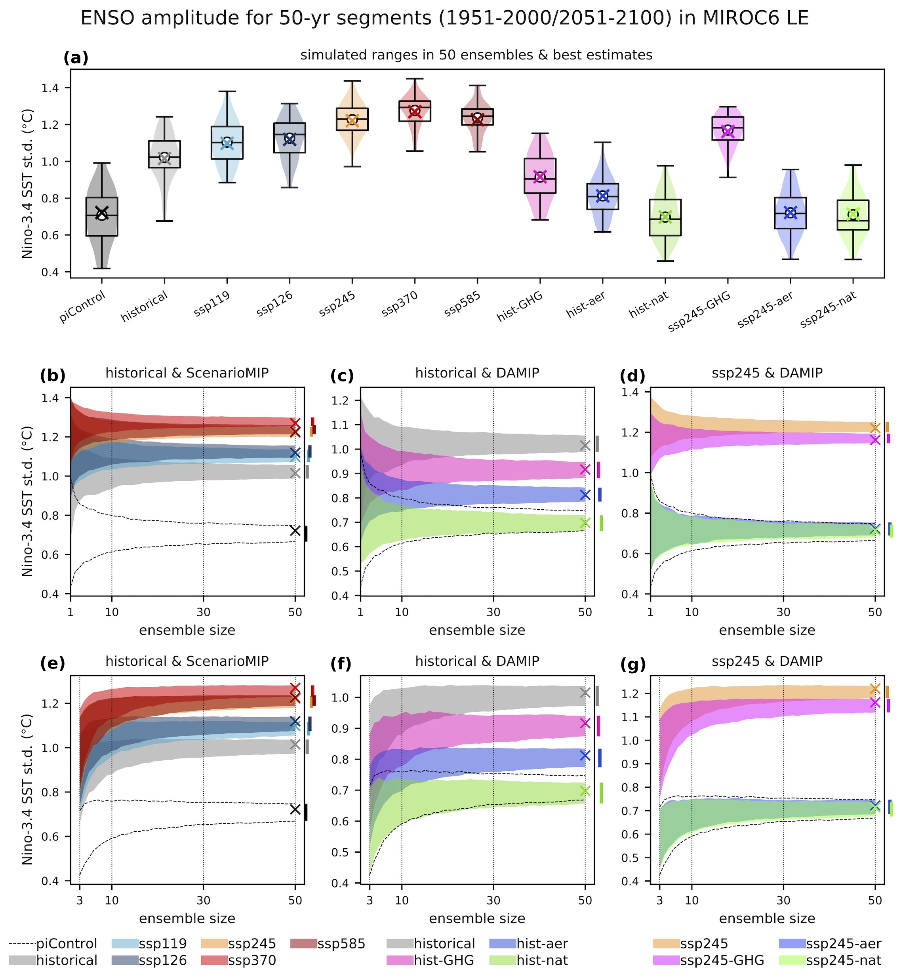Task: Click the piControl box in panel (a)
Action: [x=102, y=216]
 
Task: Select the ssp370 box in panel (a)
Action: [x=415, y=111]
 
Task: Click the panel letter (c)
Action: [x=342, y=376]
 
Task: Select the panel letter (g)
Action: [x=633, y=665]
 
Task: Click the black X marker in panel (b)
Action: [x=295, y=531]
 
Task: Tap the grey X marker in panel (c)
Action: [x=585, y=446]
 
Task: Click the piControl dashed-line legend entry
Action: [x=54, y=943]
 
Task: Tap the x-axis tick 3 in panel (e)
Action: [x=80, y=900]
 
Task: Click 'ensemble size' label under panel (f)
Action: [x=477, y=918]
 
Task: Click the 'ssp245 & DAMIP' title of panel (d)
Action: [x=767, y=373]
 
